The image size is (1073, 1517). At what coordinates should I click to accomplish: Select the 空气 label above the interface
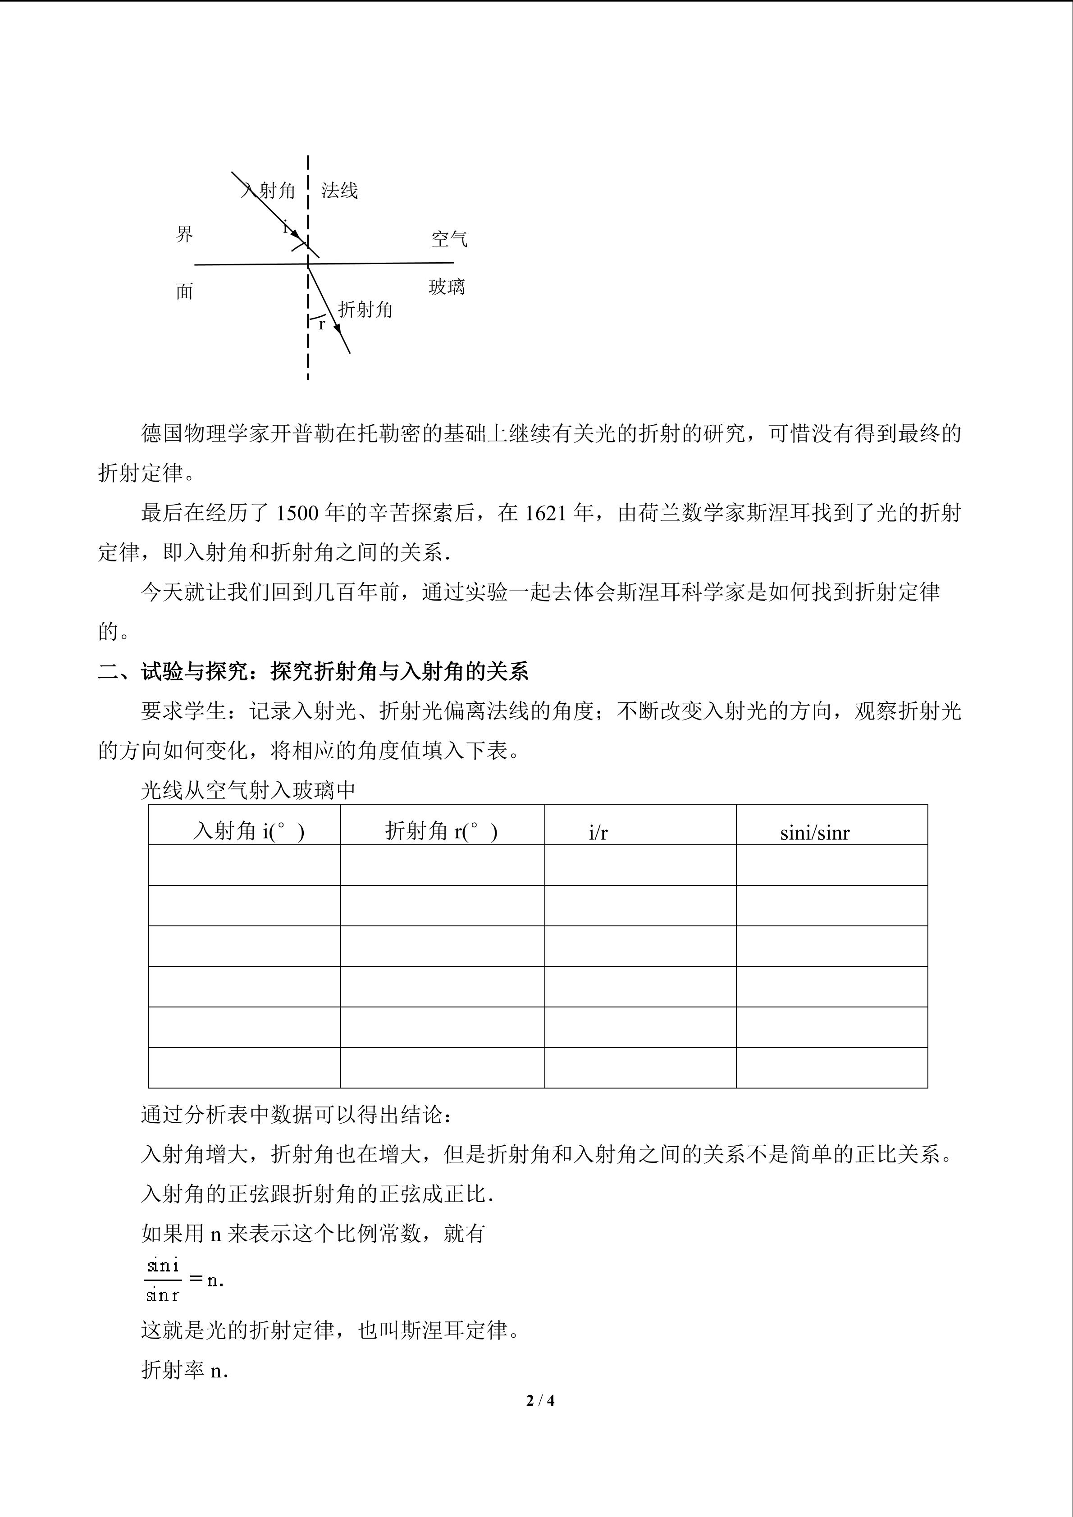click(449, 238)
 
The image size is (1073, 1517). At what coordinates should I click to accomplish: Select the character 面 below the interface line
click(184, 291)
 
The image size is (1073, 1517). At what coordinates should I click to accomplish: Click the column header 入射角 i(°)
click(248, 831)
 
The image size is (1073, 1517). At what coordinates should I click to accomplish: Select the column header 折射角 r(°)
click(441, 831)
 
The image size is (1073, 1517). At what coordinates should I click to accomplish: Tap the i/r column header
click(598, 833)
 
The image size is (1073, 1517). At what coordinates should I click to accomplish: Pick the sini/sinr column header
click(815, 833)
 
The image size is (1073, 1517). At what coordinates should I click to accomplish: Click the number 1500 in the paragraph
click(297, 513)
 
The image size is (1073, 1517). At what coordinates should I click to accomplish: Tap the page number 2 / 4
click(540, 1400)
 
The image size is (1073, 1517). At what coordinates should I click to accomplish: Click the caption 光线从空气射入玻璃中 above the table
click(248, 790)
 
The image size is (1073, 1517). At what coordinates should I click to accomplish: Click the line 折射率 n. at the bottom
click(184, 1370)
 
